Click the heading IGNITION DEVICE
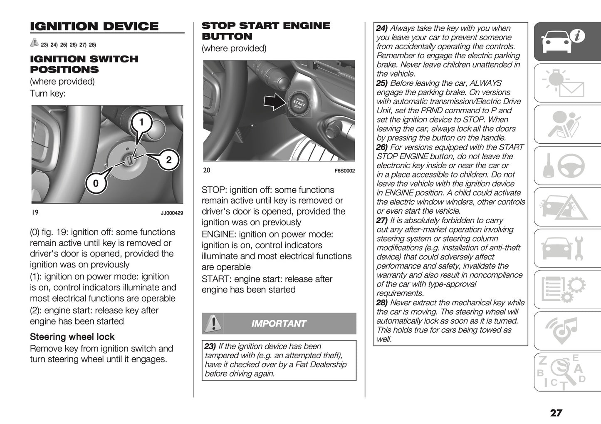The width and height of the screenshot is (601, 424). click(94, 26)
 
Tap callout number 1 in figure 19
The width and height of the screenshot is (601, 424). click(141, 122)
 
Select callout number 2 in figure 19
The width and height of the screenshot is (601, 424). click(168, 160)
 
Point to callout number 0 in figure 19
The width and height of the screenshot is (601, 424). click(96, 183)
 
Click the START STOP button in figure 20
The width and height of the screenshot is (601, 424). click(298, 102)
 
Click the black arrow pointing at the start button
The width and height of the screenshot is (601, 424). click(274, 102)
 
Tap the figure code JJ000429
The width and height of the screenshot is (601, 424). click(171, 213)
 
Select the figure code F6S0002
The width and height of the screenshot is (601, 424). click(344, 171)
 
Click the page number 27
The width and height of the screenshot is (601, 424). click(556, 413)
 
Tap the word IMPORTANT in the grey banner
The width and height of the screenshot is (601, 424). click(279, 324)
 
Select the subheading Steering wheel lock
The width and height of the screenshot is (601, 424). click(72, 337)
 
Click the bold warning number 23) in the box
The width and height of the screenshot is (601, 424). click(210, 347)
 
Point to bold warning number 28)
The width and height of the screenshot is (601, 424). click(382, 303)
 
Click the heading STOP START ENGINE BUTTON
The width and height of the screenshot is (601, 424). click(265, 31)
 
